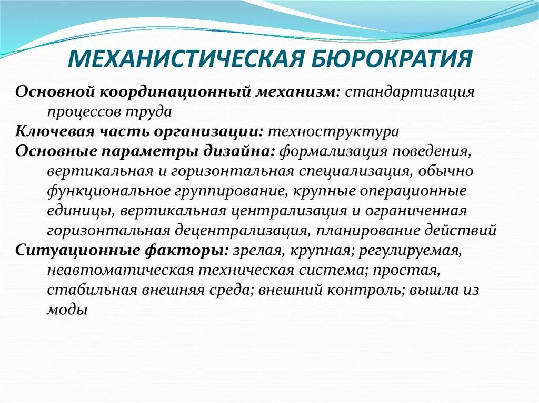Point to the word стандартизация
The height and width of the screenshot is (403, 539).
(410, 92)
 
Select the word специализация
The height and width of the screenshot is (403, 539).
(357, 171)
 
